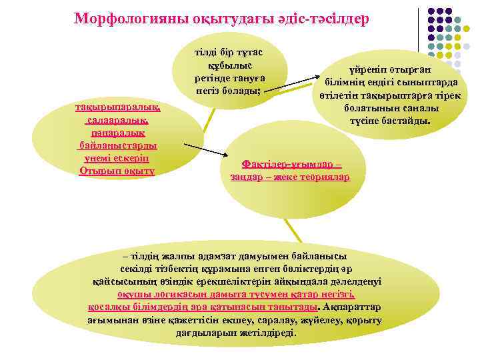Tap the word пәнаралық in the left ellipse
pyautogui.click(x=117, y=133)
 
